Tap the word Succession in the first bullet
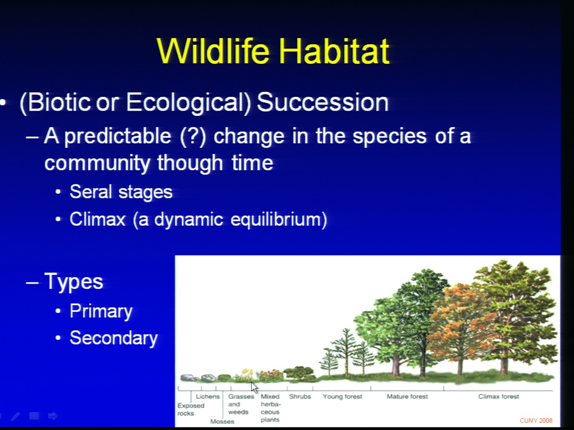pos(322,102)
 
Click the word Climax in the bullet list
pos(97,219)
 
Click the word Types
pos(74,281)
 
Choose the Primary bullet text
pos(101,311)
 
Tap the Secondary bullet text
pos(114,338)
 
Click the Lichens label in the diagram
pos(207,397)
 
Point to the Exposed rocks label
pos(191,410)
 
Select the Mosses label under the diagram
pos(222,422)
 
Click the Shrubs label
pos(300,397)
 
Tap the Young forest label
pos(342,397)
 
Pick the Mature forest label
pos(407,397)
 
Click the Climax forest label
pos(499,397)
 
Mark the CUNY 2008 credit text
pos(536,420)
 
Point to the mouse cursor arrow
pos(255,388)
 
